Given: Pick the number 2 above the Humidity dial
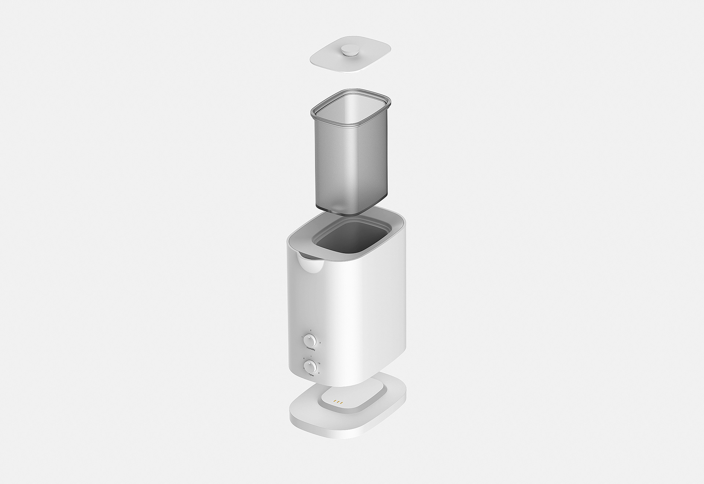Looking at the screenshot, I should [x=311, y=330].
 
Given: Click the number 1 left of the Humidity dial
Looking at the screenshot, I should [x=302, y=337].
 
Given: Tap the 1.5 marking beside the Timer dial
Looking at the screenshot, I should [x=319, y=363].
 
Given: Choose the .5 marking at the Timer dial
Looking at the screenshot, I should [x=304, y=359].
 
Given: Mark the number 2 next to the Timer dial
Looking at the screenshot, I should [x=319, y=373].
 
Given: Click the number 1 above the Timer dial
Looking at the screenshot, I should [x=311, y=356].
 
